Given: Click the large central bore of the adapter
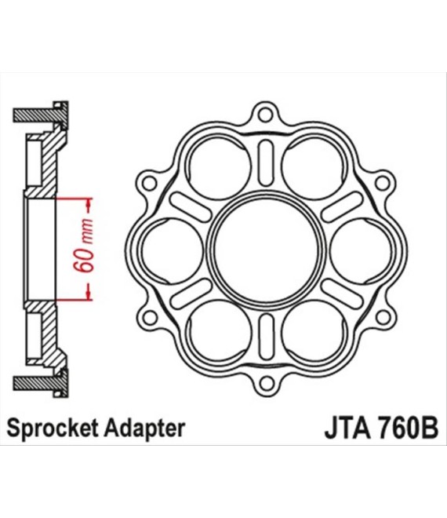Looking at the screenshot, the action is [266, 250].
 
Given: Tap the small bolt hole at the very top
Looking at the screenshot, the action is [265, 115].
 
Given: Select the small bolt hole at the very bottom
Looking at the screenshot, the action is [266, 385].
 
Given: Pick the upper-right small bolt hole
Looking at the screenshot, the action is [382, 183].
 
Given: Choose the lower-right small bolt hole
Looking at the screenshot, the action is [383, 318].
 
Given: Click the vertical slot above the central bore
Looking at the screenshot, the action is [266, 163].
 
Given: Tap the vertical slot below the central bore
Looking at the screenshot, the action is [267, 337].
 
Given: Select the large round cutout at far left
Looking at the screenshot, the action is [172, 250].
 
